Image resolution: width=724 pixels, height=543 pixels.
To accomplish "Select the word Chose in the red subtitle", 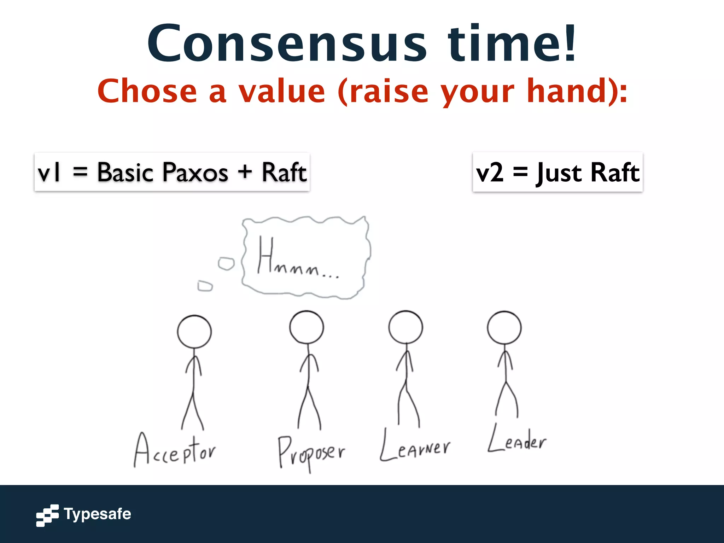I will pos(147,91).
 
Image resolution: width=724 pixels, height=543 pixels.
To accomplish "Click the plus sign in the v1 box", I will pos(245,173).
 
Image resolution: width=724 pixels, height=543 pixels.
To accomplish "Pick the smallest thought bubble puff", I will pos(205,286).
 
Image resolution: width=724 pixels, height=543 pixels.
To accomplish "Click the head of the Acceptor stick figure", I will pos(194,332).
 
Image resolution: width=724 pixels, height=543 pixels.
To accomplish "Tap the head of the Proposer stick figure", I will pos(306,327).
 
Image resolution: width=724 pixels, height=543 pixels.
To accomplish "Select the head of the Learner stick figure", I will pos(405,327).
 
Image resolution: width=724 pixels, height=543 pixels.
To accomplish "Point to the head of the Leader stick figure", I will pos(504,328).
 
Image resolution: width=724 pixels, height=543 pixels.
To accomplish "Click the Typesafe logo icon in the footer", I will pos(47,515).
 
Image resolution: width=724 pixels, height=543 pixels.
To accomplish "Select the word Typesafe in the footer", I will pos(97,514).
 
